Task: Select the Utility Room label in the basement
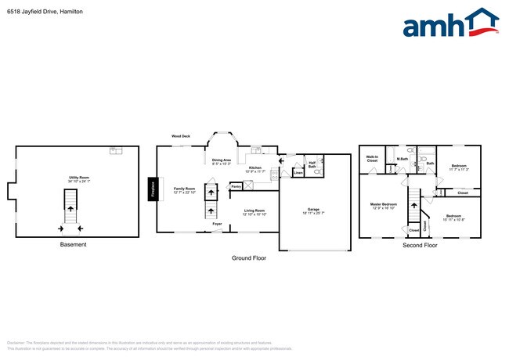click(x=78, y=178)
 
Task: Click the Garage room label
click(x=313, y=209)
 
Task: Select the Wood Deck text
click(x=182, y=136)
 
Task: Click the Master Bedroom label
click(x=384, y=204)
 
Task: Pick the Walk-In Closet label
click(x=372, y=159)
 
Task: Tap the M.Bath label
click(x=403, y=159)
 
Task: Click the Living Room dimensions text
click(x=254, y=214)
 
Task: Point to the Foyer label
click(x=217, y=224)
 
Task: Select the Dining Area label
click(x=222, y=160)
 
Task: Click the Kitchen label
click(x=255, y=167)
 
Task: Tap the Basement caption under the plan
click(x=74, y=245)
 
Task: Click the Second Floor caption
click(x=420, y=245)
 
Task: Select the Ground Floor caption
click(x=249, y=257)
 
